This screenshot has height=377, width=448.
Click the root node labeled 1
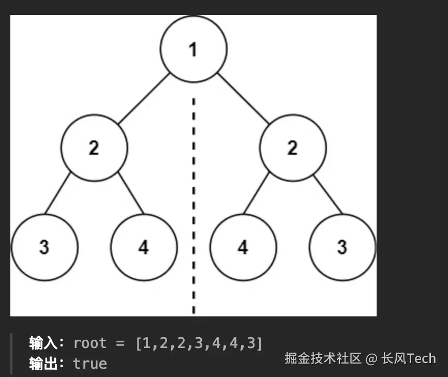click(193, 49)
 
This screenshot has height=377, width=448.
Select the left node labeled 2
click(94, 148)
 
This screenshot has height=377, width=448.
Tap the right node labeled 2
click(293, 148)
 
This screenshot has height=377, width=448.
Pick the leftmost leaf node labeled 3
click(44, 247)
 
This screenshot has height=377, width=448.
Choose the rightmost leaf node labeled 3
click(342, 247)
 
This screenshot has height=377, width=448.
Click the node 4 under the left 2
click(144, 247)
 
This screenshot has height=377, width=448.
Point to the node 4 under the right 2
click(243, 247)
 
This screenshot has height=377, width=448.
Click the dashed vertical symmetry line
click(193, 207)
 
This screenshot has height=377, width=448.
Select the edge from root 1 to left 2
click(143, 98)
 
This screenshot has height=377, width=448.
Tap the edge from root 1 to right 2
click(243, 98)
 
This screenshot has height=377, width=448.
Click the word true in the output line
click(90, 363)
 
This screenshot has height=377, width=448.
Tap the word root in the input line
click(90, 343)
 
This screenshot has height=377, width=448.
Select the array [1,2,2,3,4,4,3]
click(199, 343)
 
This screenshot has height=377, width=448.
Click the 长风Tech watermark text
click(408, 358)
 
